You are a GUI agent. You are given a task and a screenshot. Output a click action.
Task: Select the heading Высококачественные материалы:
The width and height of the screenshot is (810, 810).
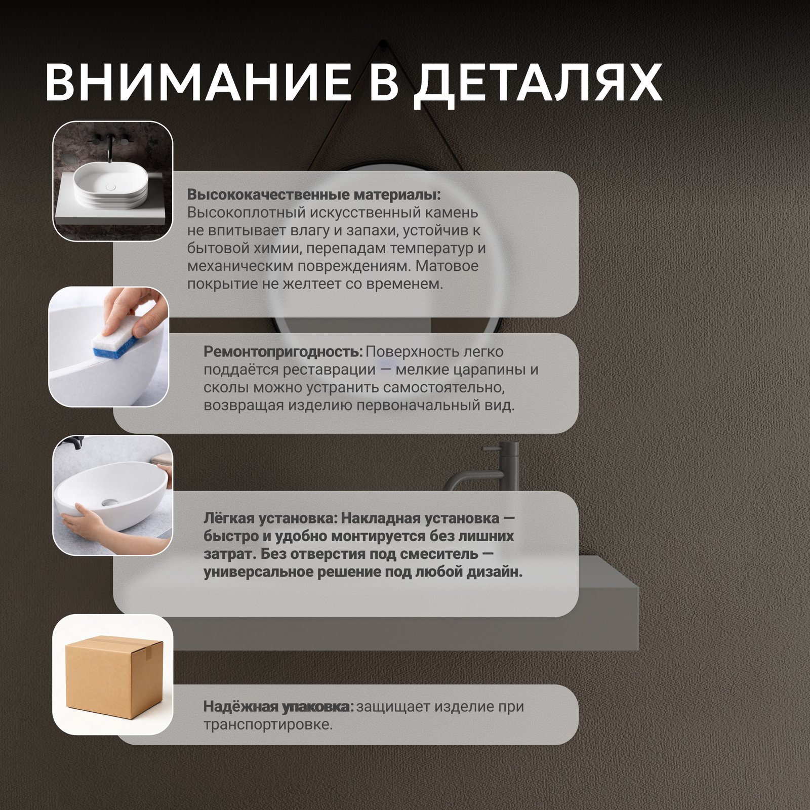coord(314,195)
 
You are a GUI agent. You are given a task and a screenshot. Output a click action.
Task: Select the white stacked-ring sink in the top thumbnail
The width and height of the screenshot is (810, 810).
coord(111,186)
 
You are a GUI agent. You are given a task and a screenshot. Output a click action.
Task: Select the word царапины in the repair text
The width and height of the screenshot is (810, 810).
coord(487,371)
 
